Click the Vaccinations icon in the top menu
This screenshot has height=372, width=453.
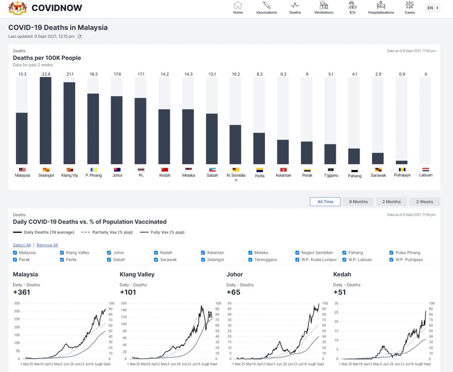(266, 5)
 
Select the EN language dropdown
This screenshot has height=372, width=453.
(432, 8)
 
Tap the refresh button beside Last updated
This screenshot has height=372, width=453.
(80, 37)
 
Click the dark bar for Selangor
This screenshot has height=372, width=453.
(46, 120)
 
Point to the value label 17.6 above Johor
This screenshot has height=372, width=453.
(117, 74)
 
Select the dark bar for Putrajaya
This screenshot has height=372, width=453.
(402, 163)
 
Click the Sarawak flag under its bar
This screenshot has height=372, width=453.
(378, 170)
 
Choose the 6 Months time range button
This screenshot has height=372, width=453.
(358, 201)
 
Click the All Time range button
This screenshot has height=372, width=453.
(325, 201)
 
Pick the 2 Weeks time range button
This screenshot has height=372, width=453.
(424, 201)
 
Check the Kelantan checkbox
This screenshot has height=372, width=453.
(203, 253)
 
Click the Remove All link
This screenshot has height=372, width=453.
(47, 245)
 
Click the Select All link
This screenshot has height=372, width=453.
(22, 245)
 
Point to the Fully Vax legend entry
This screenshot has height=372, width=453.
(162, 232)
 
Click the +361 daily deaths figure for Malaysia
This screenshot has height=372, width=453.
(22, 292)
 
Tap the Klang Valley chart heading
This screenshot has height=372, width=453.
(137, 275)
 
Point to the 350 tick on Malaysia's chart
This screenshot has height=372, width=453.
(17, 303)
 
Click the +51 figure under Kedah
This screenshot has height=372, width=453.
(340, 292)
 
